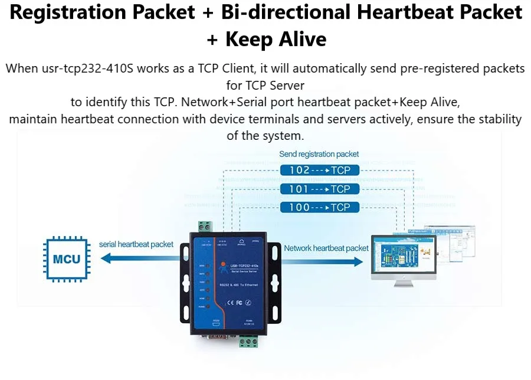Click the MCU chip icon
point(67,258)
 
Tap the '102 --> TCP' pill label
point(319,171)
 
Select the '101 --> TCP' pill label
point(319,189)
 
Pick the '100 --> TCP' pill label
point(319,207)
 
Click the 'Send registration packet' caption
point(319,154)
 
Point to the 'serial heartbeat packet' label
point(136,244)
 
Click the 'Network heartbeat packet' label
point(326,248)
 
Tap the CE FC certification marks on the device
point(235,303)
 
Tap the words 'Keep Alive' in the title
point(276,39)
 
